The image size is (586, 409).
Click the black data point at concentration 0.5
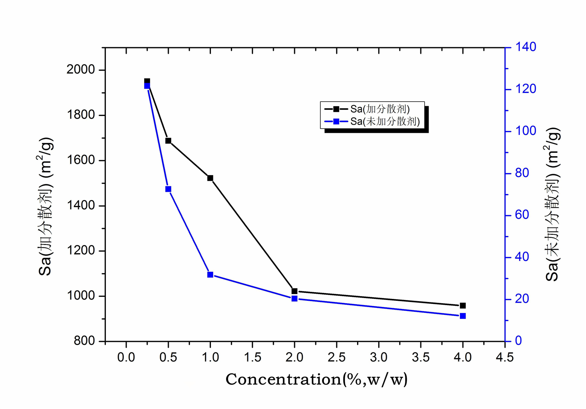click(168, 141)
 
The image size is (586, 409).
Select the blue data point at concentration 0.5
click(168, 189)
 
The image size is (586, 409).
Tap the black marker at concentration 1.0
click(210, 178)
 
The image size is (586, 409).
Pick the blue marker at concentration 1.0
click(210, 275)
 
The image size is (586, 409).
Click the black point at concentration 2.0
click(295, 291)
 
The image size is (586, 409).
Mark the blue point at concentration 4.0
click(463, 316)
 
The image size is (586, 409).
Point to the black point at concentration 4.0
click(463, 305)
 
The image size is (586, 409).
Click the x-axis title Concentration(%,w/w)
click(316, 379)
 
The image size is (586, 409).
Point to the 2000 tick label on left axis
click(81, 70)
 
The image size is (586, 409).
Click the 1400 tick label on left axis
click(81, 205)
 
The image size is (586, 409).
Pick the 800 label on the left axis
click(84, 341)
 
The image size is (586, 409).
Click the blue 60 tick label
click(522, 215)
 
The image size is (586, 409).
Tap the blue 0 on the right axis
click(518, 341)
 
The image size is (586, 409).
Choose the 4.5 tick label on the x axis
click(505, 357)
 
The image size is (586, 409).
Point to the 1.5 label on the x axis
click(252, 357)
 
